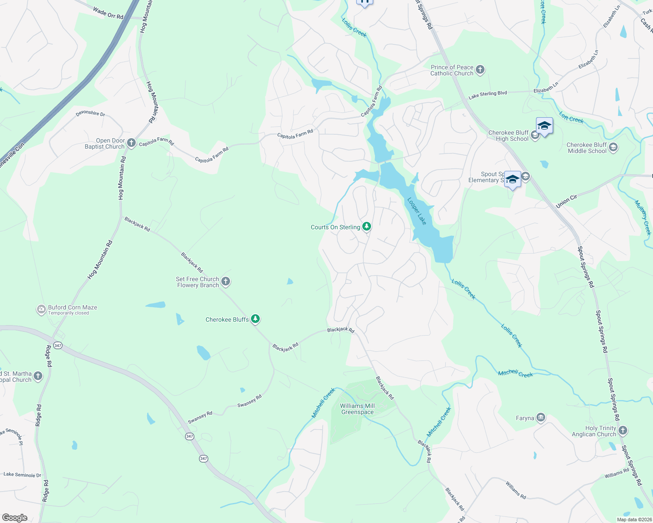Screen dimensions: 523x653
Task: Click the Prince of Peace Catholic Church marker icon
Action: tap(480, 70)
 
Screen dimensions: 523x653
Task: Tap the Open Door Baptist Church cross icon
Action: tap(131, 143)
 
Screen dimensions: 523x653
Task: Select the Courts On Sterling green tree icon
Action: tap(367, 227)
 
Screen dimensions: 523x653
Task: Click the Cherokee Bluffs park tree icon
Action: tap(255, 319)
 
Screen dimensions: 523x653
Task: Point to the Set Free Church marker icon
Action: tap(226, 282)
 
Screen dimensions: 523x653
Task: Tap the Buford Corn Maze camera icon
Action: tap(41, 309)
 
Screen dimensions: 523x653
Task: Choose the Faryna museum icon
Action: tap(541, 418)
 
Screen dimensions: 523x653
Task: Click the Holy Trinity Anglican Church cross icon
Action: tap(623, 431)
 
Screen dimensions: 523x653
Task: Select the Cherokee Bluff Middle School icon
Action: tap(613, 147)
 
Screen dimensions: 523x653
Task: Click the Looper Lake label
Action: tap(417, 211)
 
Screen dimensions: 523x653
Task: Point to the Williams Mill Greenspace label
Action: tap(357, 409)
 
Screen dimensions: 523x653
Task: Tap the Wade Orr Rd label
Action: tap(108, 13)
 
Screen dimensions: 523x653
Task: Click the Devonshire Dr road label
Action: tap(90, 113)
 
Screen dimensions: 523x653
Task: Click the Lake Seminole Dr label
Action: tap(22, 475)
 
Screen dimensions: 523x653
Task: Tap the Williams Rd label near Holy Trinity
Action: tap(617, 473)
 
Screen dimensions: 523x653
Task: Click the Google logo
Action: tap(14, 517)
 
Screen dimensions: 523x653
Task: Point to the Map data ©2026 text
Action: tap(633, 520)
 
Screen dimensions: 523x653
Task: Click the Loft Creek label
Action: tap(571, 118)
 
